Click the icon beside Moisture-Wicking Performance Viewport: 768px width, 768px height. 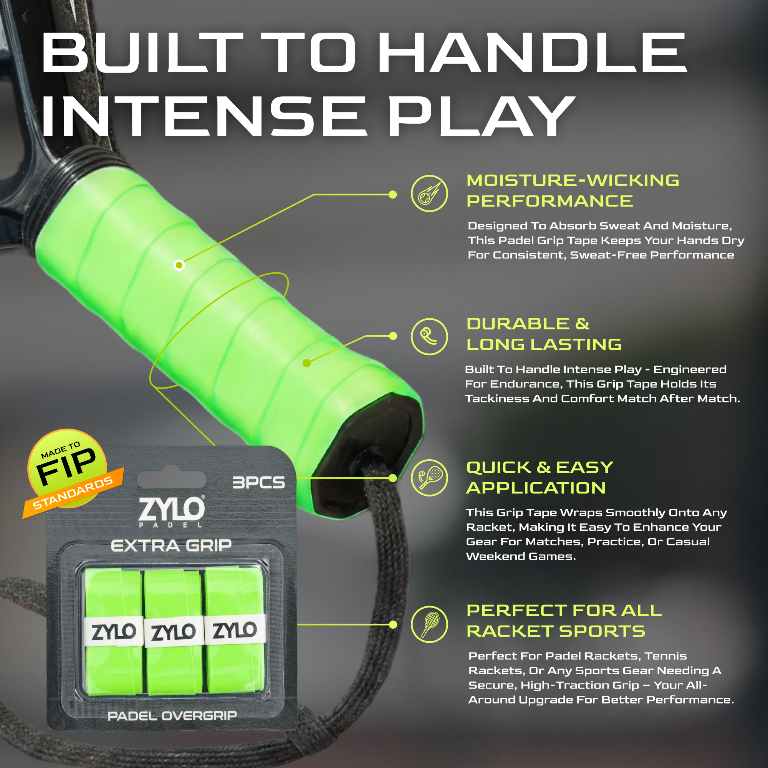(x=429, y=194)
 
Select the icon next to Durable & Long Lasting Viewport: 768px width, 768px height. (x=429, y=336)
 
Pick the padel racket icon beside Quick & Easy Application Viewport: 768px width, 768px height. (x=429, y=478)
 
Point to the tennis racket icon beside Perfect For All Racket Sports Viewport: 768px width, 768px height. (x=429, y=624)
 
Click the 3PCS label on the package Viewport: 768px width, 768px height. (x=258, y=483)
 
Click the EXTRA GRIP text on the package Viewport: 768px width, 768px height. (x=171, y=546)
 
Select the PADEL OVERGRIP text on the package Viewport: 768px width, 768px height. (x=172, y=716)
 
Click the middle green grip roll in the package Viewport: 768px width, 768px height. (x=173, y=632)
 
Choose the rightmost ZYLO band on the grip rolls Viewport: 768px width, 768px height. (x=235, y=630)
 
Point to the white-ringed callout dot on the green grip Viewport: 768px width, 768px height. (x=179, y=265)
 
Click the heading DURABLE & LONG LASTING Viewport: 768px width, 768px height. (x=544, y=334)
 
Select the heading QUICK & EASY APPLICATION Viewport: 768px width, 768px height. (x=540, y=478)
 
